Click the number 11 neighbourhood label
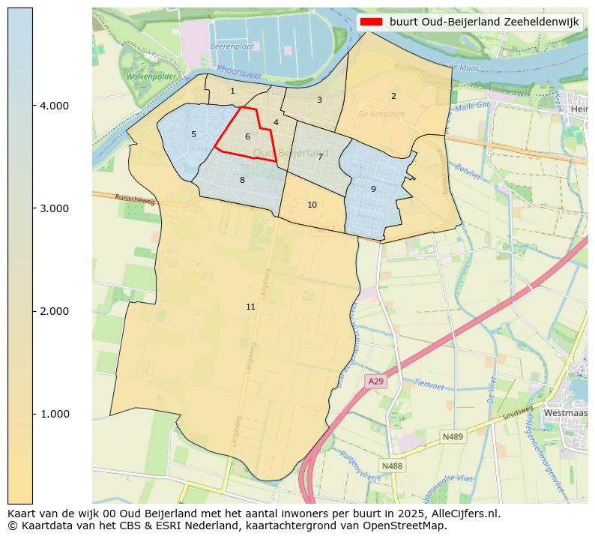pos(250,307)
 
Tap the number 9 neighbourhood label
pos(373,189)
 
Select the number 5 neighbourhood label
pos(193,134)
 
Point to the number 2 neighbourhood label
pos(393,96)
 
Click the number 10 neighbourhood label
pos(312,205)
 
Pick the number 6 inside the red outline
pos(247,136)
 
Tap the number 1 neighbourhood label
pos(232,91)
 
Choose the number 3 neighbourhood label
pos(319,100)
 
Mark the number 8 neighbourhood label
pos(242,180)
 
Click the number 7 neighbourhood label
pos(320,157)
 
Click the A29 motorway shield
pos(375,382)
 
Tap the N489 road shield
pos(452,436)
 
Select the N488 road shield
pos(391,466)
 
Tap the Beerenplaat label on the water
pos(229,46)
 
